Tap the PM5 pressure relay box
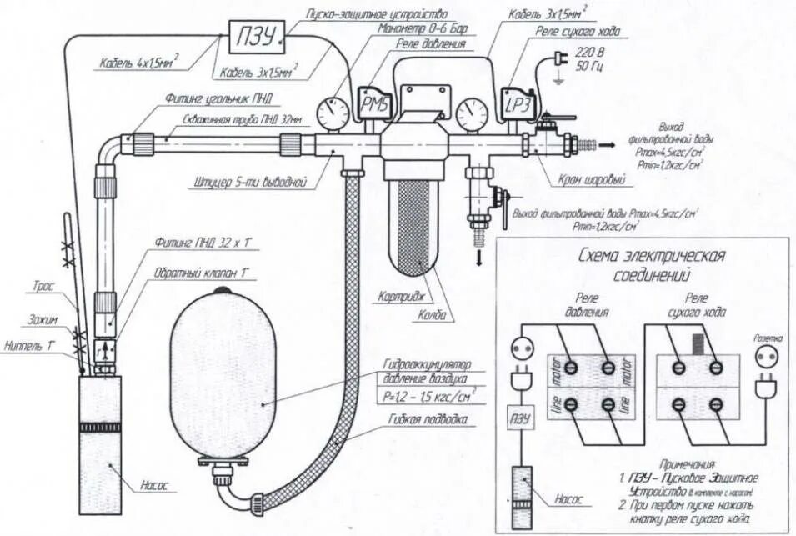369,103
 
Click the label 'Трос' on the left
44,286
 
